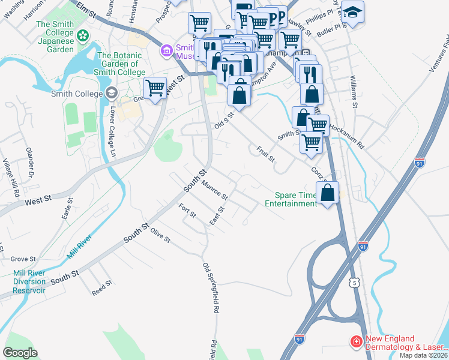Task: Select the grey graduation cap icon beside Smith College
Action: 110,93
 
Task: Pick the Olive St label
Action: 161,235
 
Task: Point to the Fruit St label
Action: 265,155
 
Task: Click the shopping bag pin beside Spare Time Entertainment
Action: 327,193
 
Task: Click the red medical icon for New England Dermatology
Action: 356,341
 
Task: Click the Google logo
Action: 20,353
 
